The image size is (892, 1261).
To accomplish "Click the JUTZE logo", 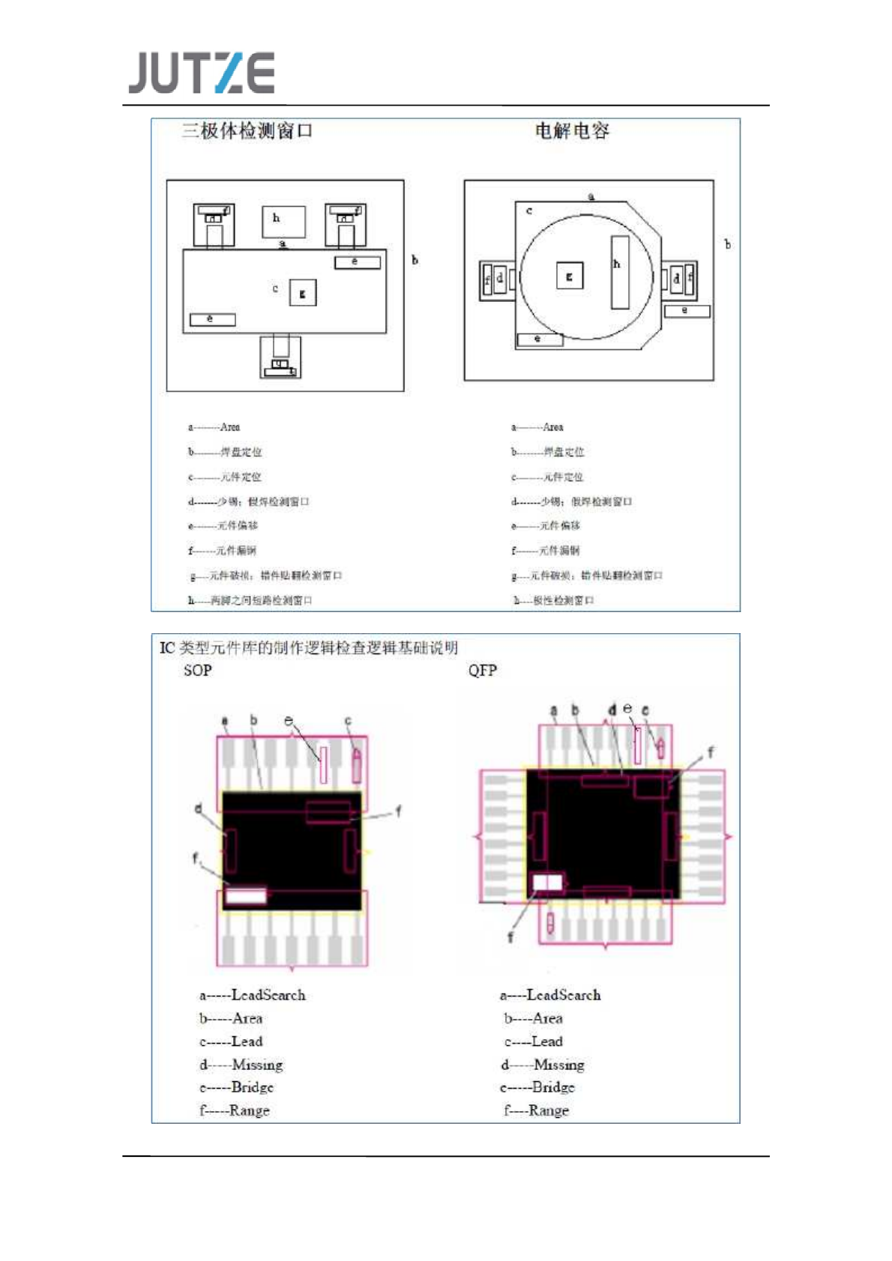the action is pyautogui.click(x=201, y=73).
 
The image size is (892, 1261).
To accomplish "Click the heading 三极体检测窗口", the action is pyautogui.click(x=247, y=131).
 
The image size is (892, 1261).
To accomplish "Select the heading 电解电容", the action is pyautogui.click(x=572, y=131).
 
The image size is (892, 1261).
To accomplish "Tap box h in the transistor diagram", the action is pyautogui.click(x=283, y=222).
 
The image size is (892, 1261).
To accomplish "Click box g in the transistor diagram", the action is pyautogui.click(x=303, y=293).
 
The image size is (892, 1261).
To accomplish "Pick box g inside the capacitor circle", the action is pyautogui.click(x=569, y=276).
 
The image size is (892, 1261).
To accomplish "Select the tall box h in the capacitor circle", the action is pyautogui.click(x=619, y=272).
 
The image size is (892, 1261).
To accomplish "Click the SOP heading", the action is pyautogui.click(x=198, y=671).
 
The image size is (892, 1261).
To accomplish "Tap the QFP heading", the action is pyautogui.click(x=482, y=671).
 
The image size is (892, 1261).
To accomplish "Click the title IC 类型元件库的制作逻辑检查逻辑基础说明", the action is pyautogui.click(x=308, y=648).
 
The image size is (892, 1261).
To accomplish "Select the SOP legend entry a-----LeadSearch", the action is pyautogui.click(x=253, y=995).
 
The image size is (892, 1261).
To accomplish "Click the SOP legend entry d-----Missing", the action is pyautogui.click(x=241, y=1065).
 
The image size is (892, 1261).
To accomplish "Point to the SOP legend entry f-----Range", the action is pyautogui.click(x=235, y=1110).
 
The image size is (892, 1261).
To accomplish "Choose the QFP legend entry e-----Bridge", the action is pyautogui.click(x=537, y=1087).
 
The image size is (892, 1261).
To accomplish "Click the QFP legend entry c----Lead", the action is pyautogui.click(x=534, y=1041).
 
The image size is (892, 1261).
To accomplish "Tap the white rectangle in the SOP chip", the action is pyautogui.click(x=246, y=895).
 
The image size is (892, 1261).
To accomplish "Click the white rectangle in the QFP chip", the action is pyautogui.click(x=547, y=883).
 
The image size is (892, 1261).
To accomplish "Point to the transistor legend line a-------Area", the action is pyautogui.click(x=214, y=427).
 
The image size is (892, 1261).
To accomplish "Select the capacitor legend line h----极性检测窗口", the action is pyautogui.click(x=553, y=600).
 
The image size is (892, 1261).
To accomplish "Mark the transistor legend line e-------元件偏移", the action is pyautogui.click(x=223, y=526).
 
